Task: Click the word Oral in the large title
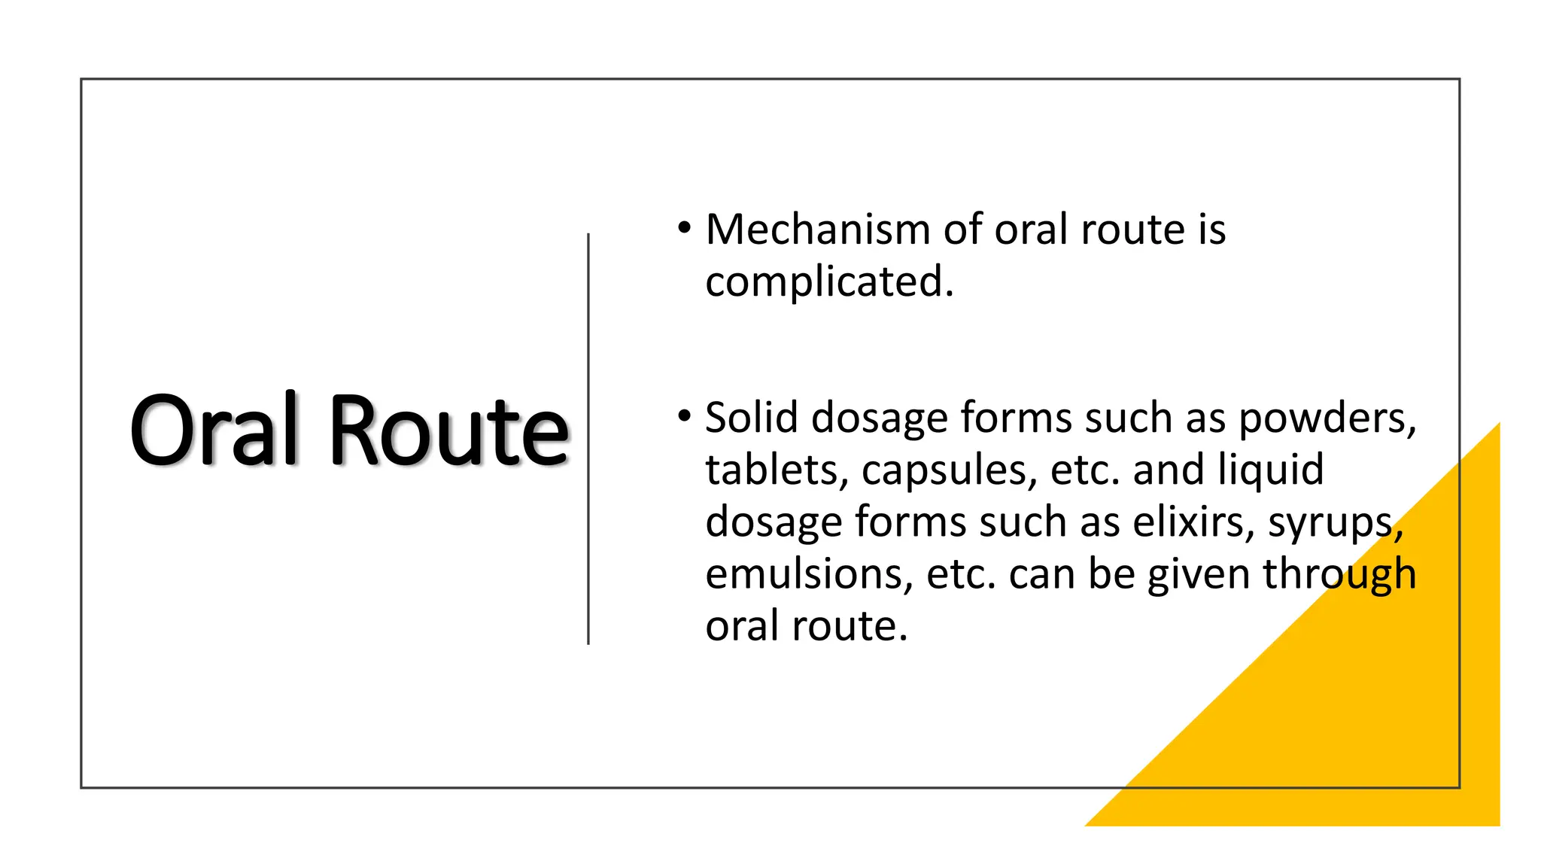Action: [215, 430]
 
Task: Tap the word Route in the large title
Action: [448, 430]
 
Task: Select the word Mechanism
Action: [818, 230]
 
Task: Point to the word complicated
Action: [829, 282]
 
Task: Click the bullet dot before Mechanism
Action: [683, 227]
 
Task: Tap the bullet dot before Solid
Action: [683, 415]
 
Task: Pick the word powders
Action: [1327, 418]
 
